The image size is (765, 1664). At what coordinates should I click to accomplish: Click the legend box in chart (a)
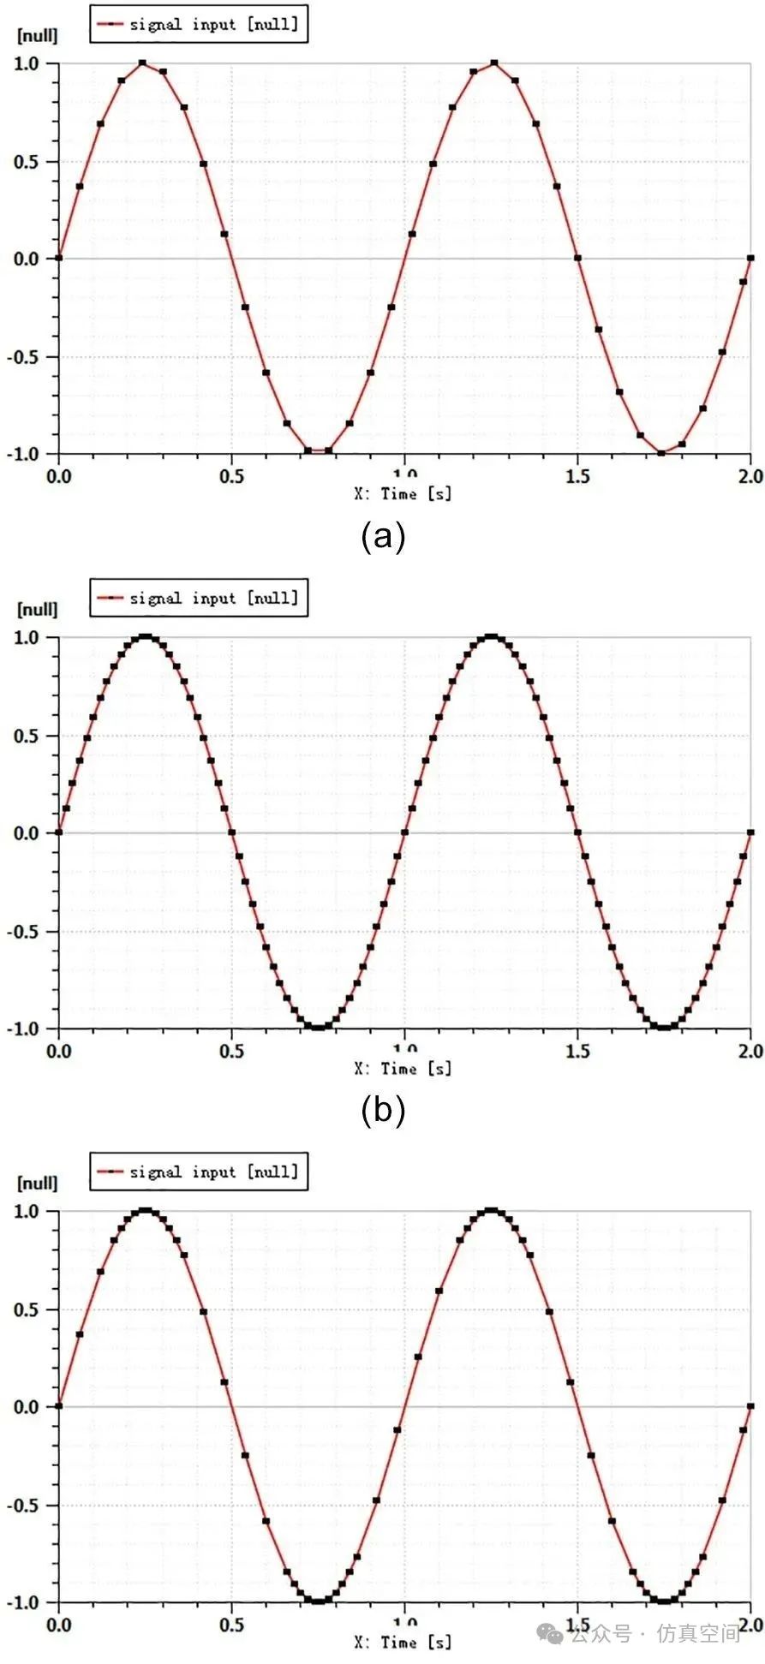(198, 24)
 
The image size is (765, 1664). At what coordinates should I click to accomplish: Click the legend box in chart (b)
(198, 598)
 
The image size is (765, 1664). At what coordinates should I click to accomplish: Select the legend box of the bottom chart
(198, 1172)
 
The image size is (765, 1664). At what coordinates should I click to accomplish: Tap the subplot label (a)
(382, 537)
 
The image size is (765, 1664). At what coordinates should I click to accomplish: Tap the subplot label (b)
(382, 1110)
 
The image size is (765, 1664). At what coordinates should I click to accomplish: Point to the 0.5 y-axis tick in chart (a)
(26, 162)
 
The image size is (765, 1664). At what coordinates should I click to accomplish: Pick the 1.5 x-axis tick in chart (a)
(577, 476)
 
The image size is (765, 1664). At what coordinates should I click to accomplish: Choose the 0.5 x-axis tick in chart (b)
(231, 1051)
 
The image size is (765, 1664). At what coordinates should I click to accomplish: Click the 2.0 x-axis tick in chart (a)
(750, 476)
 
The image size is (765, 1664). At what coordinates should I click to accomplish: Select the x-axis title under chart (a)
(403, 494)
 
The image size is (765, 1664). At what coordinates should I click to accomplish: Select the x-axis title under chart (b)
(403, 1069)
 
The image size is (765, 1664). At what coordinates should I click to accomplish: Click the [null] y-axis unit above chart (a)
(38, 36)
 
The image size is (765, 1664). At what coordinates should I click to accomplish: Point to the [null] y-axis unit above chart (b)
(38, 610)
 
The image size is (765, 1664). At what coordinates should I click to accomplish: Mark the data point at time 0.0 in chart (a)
(58, 258)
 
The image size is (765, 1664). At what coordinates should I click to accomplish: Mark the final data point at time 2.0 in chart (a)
(750, 258)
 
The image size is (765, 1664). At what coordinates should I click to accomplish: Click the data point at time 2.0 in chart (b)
(750, 832)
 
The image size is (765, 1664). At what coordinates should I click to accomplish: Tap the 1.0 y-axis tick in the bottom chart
(26, 1212)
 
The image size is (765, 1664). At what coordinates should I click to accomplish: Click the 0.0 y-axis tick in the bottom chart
(26, 1407)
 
